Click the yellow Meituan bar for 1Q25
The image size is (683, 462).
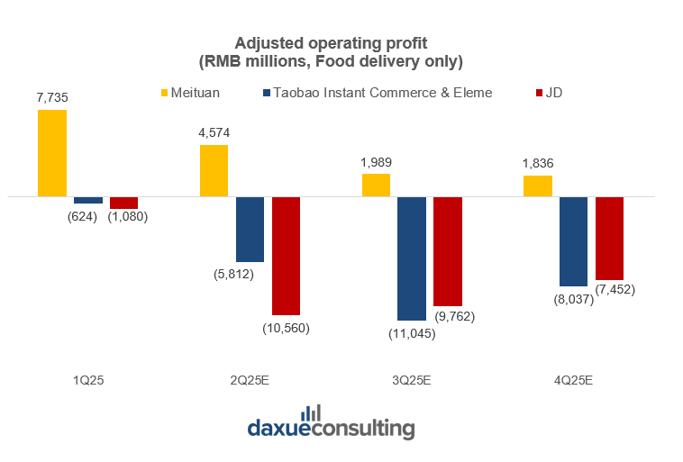(x=52, y=152)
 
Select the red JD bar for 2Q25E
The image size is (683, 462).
(x=286, y=255)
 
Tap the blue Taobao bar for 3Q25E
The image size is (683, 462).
(x=412, y=258)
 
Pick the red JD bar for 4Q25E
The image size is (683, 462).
(x=609, y=238)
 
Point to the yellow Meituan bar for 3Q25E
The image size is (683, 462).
(x=376, y=185)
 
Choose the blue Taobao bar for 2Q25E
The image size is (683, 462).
(x=250, y=229)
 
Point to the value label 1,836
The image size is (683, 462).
(x=538, y=164)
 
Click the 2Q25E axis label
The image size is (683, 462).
(x=250, y=380)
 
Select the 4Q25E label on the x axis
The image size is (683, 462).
(x=574, y=380)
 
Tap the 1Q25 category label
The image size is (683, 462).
(x=88, y=380)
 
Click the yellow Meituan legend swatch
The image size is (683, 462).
(x=164, y=93)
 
